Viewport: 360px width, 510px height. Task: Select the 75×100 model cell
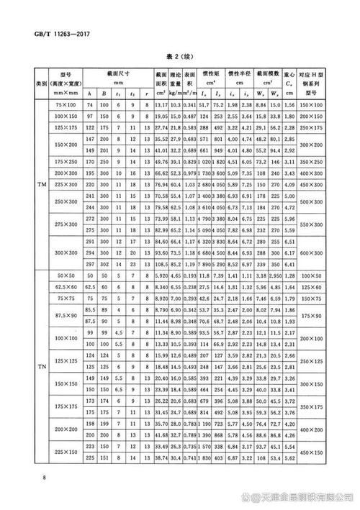tap(66, 106)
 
